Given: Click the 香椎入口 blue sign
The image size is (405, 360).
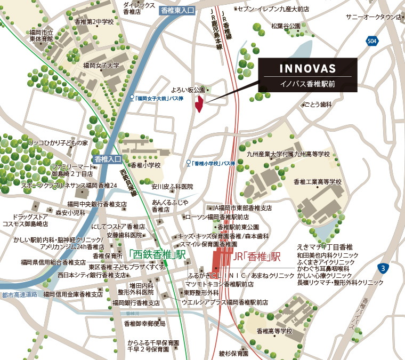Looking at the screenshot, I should (108, 159).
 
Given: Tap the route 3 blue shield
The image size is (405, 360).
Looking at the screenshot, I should (383, 267).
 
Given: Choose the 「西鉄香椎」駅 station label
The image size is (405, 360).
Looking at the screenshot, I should (157, 255).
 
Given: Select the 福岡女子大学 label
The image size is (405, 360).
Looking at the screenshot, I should (101, 66).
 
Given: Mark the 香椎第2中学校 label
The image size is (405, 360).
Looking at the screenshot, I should (95, 22).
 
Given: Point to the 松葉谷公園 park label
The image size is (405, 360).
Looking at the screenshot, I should (286, 26).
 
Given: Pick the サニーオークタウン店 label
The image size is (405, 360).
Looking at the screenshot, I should (373, 17).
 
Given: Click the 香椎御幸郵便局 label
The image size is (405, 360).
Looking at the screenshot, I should (144, 324).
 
